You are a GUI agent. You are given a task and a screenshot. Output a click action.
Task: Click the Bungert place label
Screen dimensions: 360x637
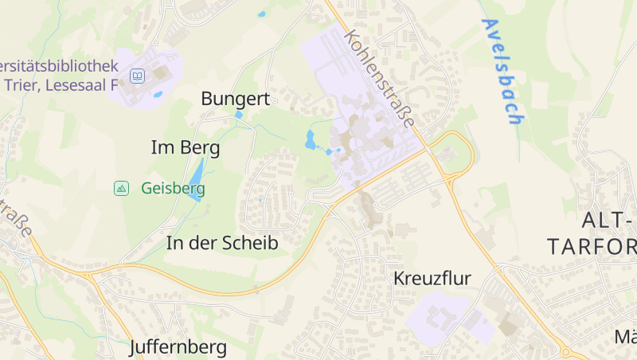pyautogui.click(x=236, y=99)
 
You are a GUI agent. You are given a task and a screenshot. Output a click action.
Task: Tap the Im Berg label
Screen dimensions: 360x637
pyautogui.click(x=185, y=147)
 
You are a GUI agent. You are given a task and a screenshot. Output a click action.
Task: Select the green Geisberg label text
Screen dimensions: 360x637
pyautogui.click(x=173, y=189)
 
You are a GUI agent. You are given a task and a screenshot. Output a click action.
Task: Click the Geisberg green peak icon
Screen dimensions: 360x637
pyautogui.click(x=121, y=189)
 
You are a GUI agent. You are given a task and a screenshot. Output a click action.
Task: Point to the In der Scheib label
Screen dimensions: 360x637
pyautogui.click(x=222, y=244)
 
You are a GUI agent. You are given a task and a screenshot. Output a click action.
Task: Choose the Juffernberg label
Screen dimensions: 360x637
pyautogui.click(x=178, y=347)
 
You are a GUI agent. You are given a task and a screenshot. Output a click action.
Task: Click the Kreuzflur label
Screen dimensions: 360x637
pyautogui.click(x=432, y=279)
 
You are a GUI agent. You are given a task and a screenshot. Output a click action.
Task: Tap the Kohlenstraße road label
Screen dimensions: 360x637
pyautogui.click(x=381, y=80)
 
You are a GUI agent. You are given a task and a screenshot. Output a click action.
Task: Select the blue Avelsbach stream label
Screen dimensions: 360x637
pyautogui.click(x=502, y=72)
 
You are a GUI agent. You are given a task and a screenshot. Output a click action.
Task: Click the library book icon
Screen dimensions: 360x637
pyautogui.click(x=138, y=76)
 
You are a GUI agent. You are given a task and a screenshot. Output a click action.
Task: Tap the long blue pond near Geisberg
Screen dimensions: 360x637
pyautogui.click(x=196, y=178)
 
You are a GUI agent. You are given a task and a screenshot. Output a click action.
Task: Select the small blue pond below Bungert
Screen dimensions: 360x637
pyautogui.click(x=239, y=115)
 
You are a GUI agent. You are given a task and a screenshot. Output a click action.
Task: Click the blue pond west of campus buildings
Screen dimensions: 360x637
pyautogui.click(x=311, y=140)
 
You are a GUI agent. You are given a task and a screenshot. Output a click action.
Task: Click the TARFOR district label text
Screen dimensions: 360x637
pyautogui.click(x=593, y=246)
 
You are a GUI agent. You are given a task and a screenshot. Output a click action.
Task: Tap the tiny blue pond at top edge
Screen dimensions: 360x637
pyautogui.click(x=261, y=14)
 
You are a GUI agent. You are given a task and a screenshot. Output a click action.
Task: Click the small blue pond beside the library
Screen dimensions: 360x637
pyautogui.click(x=158, y=95)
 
